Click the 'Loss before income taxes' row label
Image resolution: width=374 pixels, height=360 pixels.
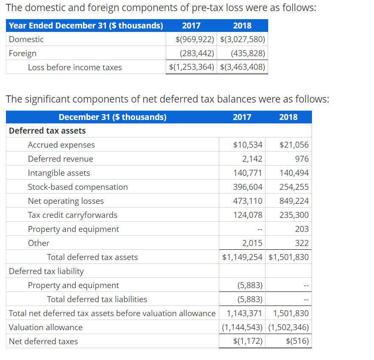75,67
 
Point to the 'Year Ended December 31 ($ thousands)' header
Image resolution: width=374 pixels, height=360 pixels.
86,26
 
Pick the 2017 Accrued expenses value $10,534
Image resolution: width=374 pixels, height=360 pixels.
248,145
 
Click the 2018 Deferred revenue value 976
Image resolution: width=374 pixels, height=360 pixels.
302,159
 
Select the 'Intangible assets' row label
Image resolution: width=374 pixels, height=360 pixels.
59,173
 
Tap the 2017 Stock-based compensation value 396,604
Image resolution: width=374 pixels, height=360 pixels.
248,187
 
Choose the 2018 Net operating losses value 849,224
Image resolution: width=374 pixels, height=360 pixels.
294,201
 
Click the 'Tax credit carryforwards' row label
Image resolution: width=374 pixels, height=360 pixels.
73,215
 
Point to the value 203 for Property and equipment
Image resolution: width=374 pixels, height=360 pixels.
302,229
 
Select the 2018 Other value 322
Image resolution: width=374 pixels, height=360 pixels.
302,243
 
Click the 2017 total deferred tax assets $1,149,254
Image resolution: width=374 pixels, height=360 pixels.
242,257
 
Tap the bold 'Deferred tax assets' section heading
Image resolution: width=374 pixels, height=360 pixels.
47,131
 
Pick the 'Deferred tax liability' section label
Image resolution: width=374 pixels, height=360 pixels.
46,271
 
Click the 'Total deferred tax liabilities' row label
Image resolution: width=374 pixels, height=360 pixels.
97,299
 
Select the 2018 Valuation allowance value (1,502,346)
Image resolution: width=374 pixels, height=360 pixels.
289,327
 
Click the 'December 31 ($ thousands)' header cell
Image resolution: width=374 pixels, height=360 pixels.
113,117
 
